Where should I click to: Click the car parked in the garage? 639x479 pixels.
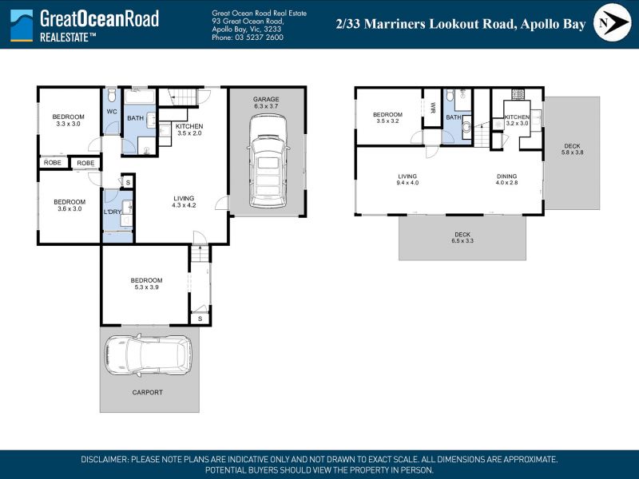point(268,161)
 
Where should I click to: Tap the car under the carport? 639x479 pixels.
point(148,354)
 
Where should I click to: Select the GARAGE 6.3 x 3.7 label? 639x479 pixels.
point(266,103)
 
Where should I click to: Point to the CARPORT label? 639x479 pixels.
point(148,392)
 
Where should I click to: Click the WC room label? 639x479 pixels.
point(112,112)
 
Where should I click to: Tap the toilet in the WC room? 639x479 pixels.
point(112,95)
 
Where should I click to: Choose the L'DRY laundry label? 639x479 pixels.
point(113,212)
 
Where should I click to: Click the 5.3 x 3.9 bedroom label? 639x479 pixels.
point(147,283)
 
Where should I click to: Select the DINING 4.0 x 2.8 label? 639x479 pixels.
point(506,180)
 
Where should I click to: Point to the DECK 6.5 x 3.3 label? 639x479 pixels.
point(462,237)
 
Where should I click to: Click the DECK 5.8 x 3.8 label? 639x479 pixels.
point(572,149)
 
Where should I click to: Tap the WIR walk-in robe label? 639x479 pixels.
point(433,108)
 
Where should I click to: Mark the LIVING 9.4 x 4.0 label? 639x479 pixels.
point(407,180)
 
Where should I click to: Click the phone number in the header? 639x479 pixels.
point(248,38)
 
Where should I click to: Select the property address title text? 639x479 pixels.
point(461,24)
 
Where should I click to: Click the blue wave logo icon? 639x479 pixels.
point(22,26)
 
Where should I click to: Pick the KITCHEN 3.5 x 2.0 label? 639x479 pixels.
point(189,129)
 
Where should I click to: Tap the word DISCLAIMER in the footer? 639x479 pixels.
point(105,460)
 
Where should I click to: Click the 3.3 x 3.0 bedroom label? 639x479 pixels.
point(69,121)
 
